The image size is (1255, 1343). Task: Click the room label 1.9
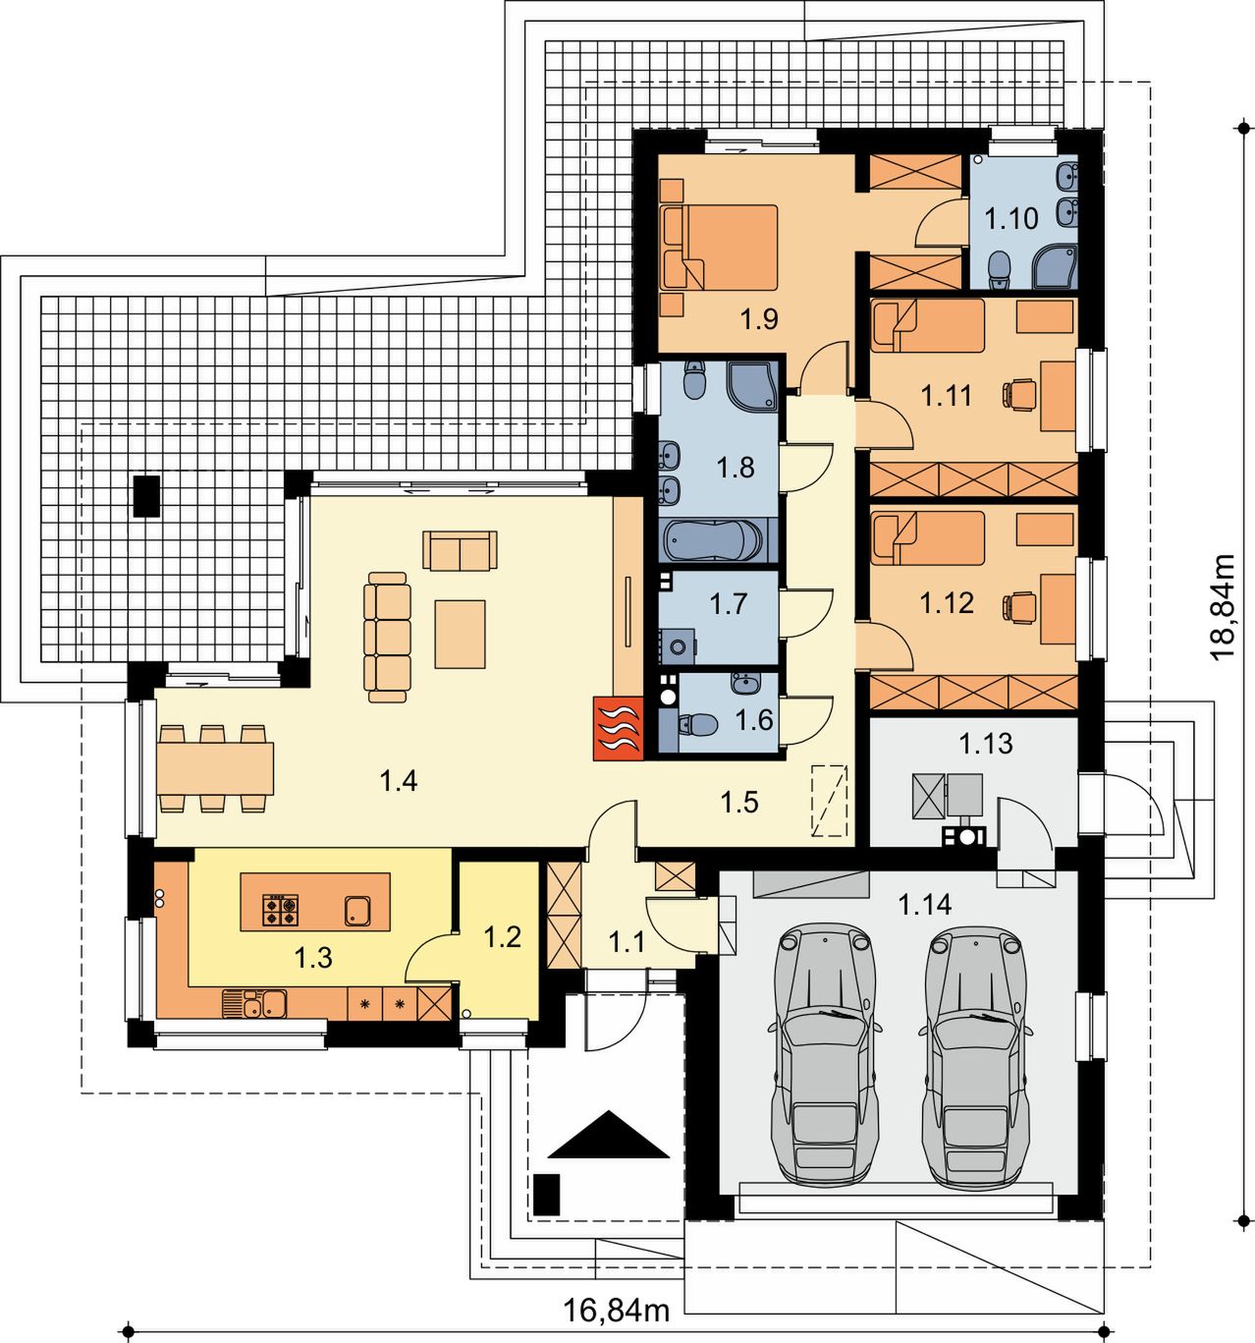coord(759,319)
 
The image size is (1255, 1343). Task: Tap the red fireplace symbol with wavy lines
coord(618,728)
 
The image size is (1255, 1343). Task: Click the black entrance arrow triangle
coord(609,1136)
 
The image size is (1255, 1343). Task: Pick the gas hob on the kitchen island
coord(280,910)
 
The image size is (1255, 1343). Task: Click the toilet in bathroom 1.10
coord(999,270)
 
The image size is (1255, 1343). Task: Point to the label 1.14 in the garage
coord(924,904)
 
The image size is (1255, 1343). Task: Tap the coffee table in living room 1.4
coord(461,634)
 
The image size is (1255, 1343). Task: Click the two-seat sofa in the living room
coord(460,550)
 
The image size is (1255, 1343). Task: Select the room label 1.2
coord(503,937)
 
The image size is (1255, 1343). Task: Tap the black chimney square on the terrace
coord(146,496)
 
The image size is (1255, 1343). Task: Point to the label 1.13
coord(986,744)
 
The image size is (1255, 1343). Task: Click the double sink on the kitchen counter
coord(255,1003)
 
